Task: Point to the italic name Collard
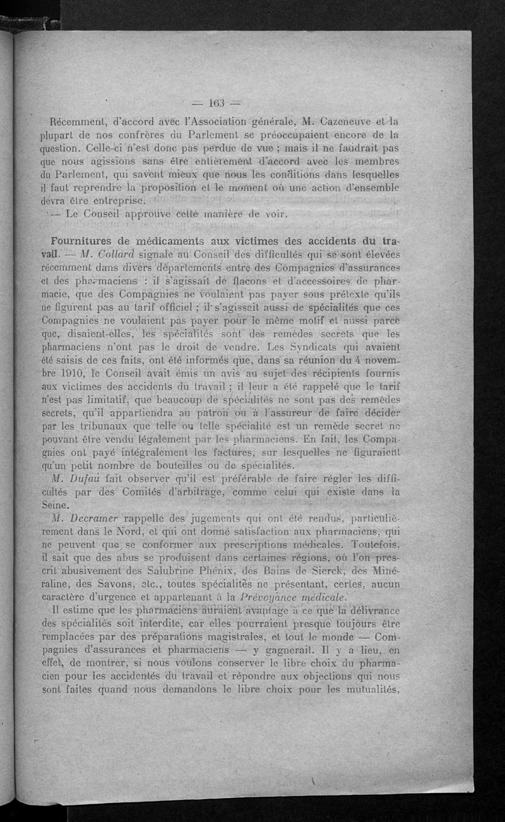pos(118,255)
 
